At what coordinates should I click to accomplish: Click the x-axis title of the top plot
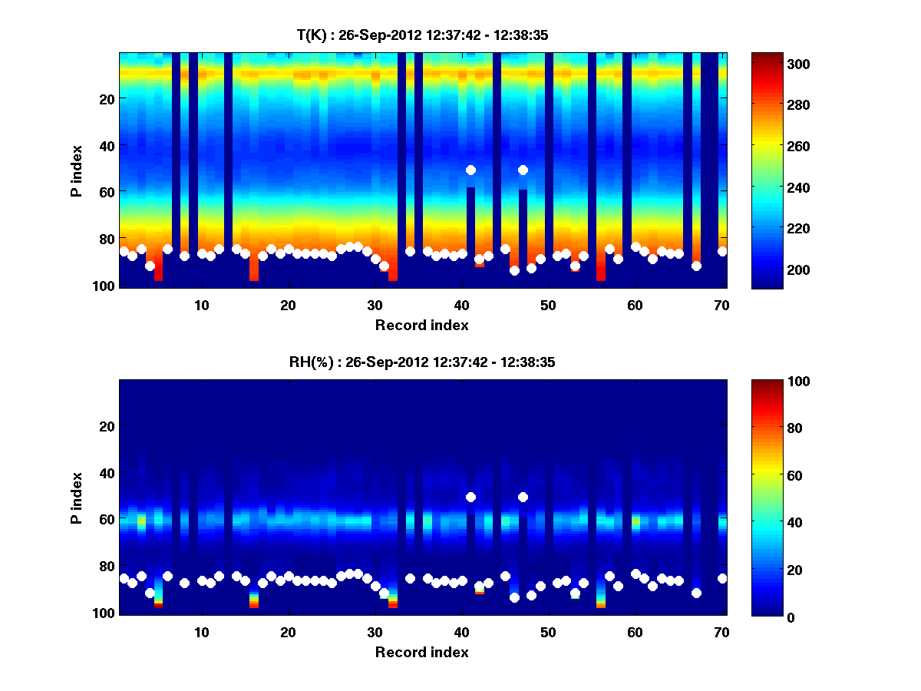(x=422, y=325)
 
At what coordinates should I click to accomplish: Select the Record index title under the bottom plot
(x=422, y=652)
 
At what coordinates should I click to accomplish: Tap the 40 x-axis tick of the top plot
(x=461, y=305)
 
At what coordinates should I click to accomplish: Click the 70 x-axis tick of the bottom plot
(x=721, y=632)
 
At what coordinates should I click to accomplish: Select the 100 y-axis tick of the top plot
(x=106, y=286)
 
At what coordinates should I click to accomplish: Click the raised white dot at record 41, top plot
(x=470, y=170)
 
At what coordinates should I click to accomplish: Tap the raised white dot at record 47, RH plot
(x=523, y=497)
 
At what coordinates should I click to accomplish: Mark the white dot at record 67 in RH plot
(x=696, y=593)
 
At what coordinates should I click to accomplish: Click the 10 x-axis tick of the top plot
(x=201, y=305)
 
